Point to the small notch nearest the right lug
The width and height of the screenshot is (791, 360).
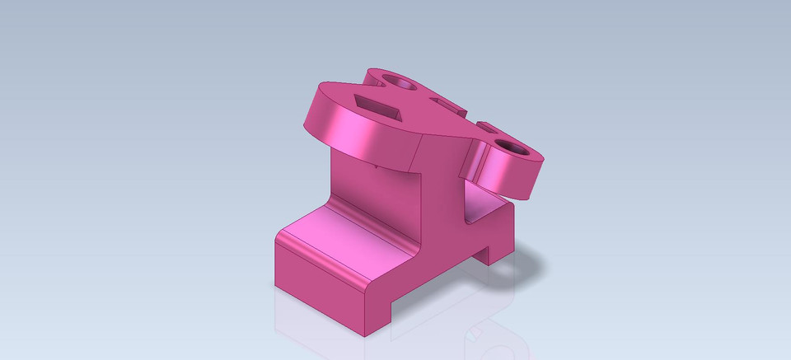(x=487, y=128)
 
